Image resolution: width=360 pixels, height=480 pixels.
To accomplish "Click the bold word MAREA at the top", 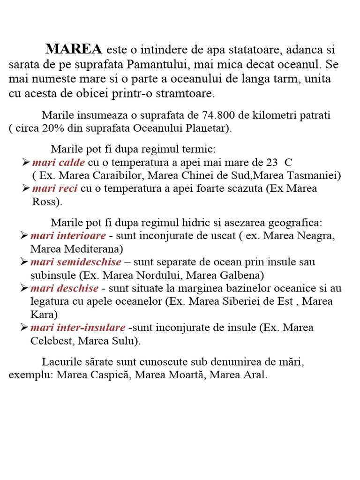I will (x=74, y=49).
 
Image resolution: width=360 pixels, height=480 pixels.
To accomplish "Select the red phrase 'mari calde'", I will (x=59, y=163).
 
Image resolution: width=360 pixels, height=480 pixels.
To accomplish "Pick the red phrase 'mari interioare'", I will (x=68, y=235).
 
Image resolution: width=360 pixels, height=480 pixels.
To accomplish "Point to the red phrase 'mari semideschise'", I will (x=76, y=262).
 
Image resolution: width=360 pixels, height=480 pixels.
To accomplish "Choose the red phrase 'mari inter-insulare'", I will (x=78, y=327).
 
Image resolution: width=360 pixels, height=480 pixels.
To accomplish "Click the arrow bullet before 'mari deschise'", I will (x=25, y=288).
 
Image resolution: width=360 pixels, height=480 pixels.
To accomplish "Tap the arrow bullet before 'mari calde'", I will (x=26, y=162).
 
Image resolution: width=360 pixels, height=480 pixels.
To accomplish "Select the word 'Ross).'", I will (x=47, y=202).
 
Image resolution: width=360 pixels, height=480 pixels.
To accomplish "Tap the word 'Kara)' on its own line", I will (x=43, y=314).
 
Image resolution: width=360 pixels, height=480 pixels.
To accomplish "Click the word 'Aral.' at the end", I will (x=255, y=375).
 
